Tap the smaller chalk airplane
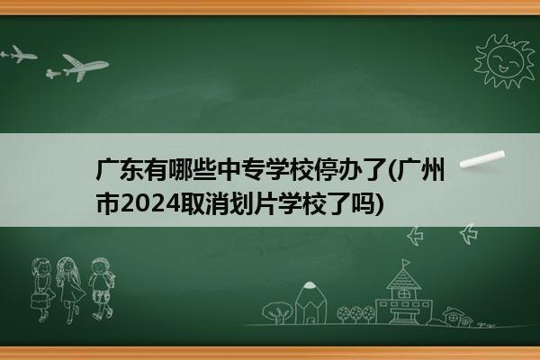(x=19, y=54)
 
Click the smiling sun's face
(x=505, y=61)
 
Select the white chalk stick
(x=482, y=159)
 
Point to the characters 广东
(x=119, y=170)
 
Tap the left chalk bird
(x=415, y=236)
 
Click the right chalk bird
(x=468, y=234)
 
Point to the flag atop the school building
(x=406, y=263)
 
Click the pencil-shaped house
(x=310, y=303)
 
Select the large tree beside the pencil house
(x=277, y=312)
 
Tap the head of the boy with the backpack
(x=100, y=266)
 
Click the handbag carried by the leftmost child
(x=38, y=301)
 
